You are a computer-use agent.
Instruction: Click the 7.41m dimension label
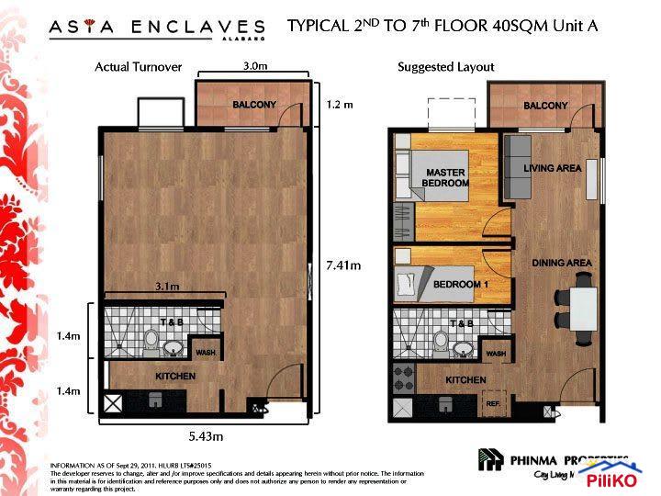click(x=343, y=265)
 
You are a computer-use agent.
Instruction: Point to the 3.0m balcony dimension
click(x=255, y=67)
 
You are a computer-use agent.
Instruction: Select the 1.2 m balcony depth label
click(x=339, y=105)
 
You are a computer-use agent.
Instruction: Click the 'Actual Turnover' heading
click(x=139, y=67)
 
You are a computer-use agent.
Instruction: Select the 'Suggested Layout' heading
click(x=445, y=67)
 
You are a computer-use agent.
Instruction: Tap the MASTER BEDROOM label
click(x=445, y=178)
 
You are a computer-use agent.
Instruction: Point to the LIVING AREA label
click(x=553, y=169)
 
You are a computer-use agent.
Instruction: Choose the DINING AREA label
click(x=561, y=264)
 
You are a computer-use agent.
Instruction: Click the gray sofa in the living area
click(x=520, y=167)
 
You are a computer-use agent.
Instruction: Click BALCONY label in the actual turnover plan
click(x=254, y=105)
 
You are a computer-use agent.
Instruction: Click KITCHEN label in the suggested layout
click(x=465, y=379)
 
